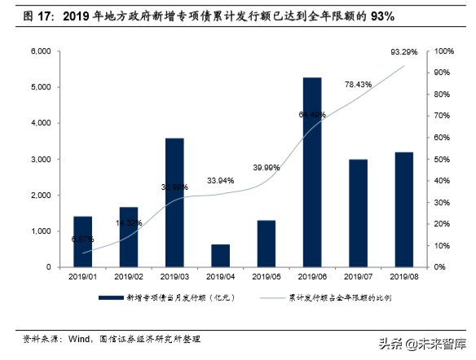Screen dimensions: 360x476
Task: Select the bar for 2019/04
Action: pos(219,255)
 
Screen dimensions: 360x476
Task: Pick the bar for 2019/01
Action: pos(82,241)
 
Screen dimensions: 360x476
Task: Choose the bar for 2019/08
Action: pos(403,209)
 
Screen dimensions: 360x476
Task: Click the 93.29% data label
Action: pos(404,52)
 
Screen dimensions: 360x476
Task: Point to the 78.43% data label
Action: pos(359,84)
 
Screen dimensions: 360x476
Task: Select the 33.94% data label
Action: pos(220,181)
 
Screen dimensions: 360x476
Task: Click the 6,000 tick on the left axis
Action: pos(41,51)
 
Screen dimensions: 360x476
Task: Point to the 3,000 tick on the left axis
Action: pos(41,160)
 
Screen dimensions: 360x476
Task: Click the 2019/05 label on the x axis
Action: pos(266,277)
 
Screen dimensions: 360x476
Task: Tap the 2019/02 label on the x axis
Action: pos(128,277)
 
